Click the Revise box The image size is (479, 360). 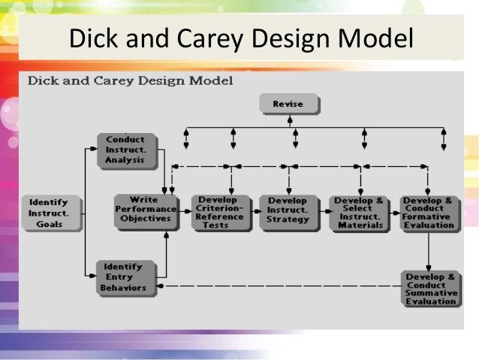click(289, 104)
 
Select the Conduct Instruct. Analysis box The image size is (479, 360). click(125, 149)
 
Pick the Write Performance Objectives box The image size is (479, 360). click(146, 211)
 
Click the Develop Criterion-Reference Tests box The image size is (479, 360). click(221, 213)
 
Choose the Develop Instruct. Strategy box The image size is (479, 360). click(287, 211)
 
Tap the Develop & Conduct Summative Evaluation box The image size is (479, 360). click(430, 289)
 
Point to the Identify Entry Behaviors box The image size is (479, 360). click(125, 277)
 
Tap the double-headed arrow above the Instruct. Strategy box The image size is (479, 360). click(295, 138)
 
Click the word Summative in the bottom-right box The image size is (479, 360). click(430, 293)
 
